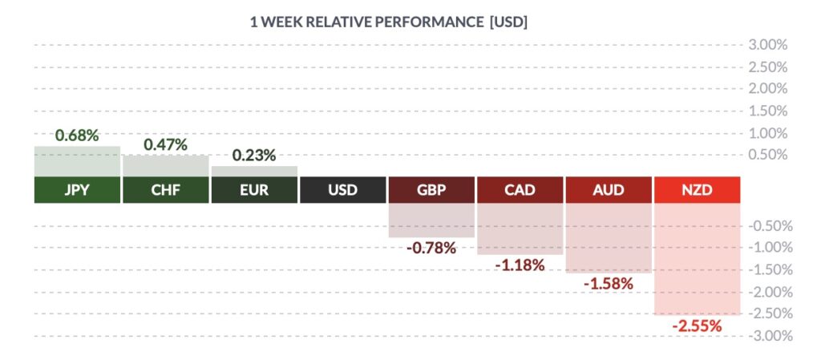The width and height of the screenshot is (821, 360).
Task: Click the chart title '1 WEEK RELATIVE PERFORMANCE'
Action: tap(366, 22)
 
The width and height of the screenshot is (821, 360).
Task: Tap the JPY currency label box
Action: tap(77, 190)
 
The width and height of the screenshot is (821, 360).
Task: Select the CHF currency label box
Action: tap(165, 190)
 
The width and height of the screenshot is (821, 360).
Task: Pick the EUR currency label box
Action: tap(254, 190)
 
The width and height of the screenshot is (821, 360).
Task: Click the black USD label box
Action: tap(343, 190)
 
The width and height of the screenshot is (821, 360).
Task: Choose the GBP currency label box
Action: tap(431, 190)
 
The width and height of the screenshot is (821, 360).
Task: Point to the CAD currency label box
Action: tap(520, 190)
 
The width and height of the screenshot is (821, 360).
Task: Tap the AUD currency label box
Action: tap(609, 190)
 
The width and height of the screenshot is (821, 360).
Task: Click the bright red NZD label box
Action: tap(697, 190)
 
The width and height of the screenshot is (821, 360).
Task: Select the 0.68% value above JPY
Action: tap(77, 136)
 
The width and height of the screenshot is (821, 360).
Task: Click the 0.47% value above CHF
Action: tap(165, 145)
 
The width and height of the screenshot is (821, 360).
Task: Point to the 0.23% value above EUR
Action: tap(254, 156)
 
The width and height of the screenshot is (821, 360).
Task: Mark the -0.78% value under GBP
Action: tap(431, 248)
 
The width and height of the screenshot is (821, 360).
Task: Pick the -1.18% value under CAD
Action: tap(520, 265)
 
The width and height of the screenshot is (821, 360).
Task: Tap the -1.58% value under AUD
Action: tap(609, 284)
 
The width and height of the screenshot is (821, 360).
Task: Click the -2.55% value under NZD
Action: tap(697, 326)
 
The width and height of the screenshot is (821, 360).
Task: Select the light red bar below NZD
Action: tap(697, 259)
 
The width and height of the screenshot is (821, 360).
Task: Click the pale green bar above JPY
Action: tap(77, 162)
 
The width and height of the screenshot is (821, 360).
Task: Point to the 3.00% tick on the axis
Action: tap(768, 45)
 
